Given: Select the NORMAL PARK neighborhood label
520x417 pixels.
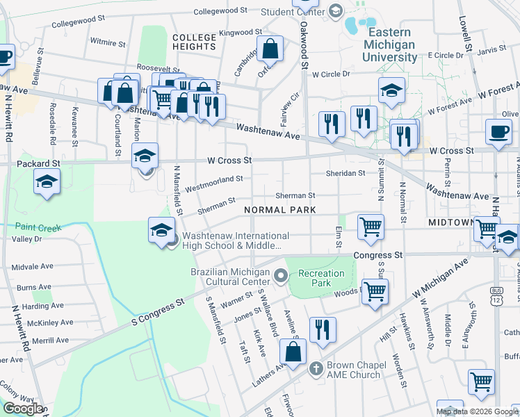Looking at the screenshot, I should tap(279, 210).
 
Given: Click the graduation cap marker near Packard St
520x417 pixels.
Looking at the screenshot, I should tap(47, 182).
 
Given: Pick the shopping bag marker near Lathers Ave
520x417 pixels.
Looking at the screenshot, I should tap(294, 352).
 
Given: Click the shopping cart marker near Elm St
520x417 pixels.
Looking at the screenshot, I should tap(371, 227).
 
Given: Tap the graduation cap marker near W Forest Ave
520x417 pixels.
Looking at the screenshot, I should tap(391, 90).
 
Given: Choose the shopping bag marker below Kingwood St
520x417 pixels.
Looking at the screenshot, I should tap(271, 49).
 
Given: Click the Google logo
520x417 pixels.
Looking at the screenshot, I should tap(23, 409).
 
